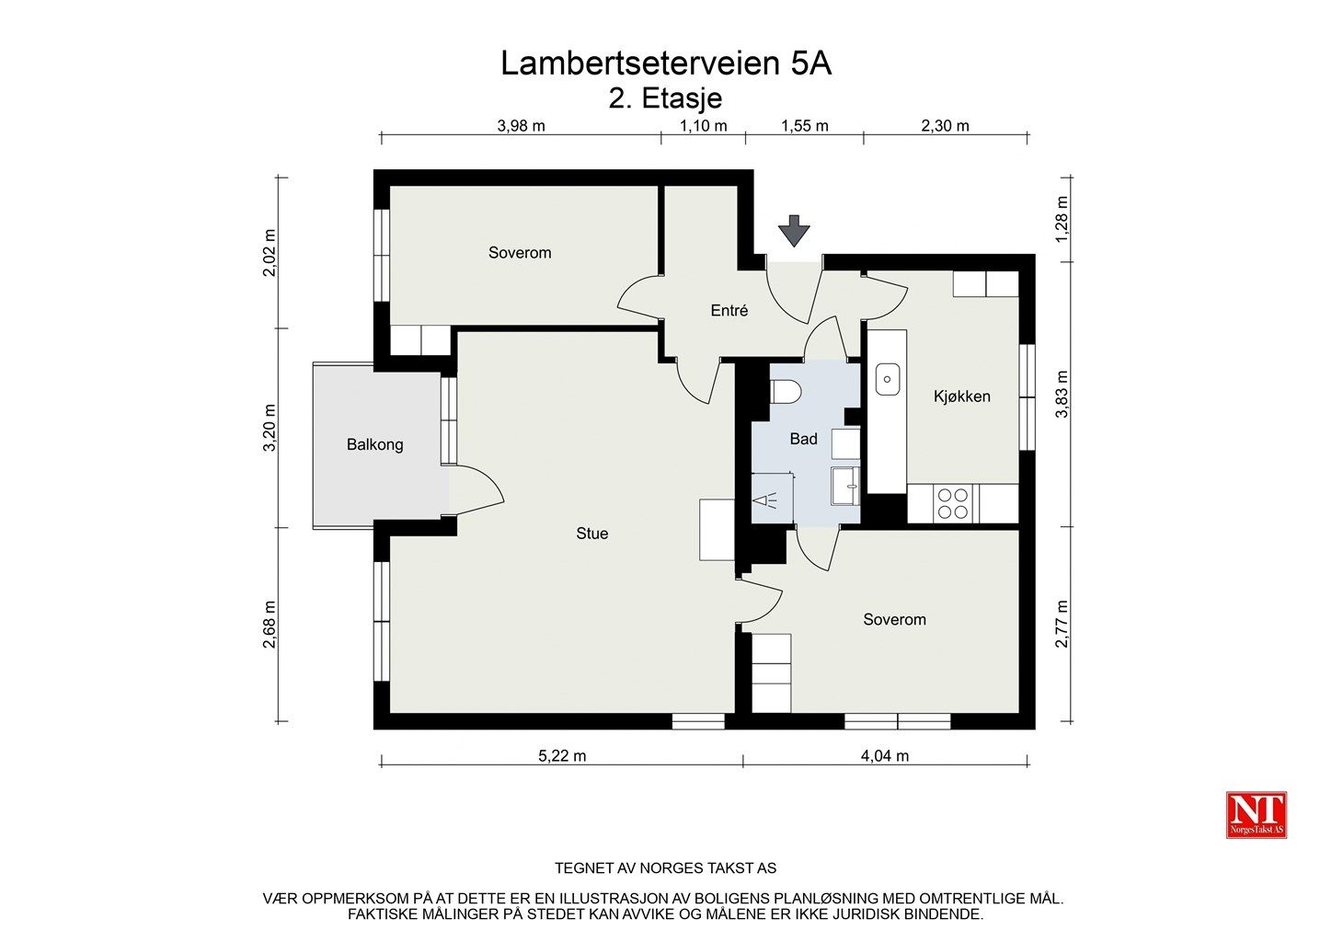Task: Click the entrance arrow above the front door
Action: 794,231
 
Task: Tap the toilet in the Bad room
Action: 786,393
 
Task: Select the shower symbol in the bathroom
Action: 766,500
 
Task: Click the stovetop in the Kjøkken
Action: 952,503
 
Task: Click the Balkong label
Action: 374,445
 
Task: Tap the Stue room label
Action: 591,534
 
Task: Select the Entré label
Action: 729,310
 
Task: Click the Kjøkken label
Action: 961,396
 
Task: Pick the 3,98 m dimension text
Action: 521,126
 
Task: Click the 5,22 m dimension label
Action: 562,756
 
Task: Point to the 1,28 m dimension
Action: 1062,219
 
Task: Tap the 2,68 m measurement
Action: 270,625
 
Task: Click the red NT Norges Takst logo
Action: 1256,815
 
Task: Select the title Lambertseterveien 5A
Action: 666,63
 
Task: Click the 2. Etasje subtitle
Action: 665,98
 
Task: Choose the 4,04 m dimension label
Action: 885,756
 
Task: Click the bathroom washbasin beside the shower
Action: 845,486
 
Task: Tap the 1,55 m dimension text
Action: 805,126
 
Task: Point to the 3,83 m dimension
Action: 1062,395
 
